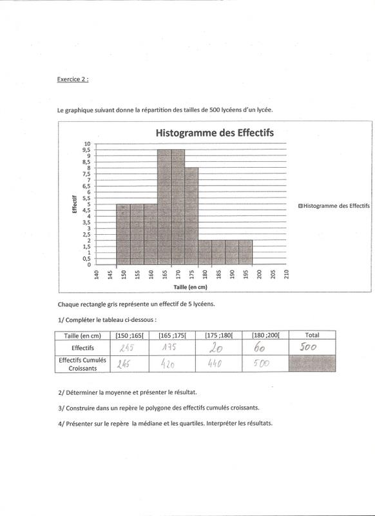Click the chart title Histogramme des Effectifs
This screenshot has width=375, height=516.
click(213, 133)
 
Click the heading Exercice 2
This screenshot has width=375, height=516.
click(72, 80)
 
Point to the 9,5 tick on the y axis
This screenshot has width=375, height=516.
click(86, 150)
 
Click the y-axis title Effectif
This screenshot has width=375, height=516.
click(75, 204)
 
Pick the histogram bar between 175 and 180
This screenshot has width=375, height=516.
click(191, 216)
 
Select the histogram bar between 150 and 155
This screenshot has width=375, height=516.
click(123, 235)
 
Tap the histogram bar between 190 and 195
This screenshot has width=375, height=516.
click(245, 252)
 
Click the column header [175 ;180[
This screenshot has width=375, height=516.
click(220, 335)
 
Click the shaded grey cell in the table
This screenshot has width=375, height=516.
click(312, 363)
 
